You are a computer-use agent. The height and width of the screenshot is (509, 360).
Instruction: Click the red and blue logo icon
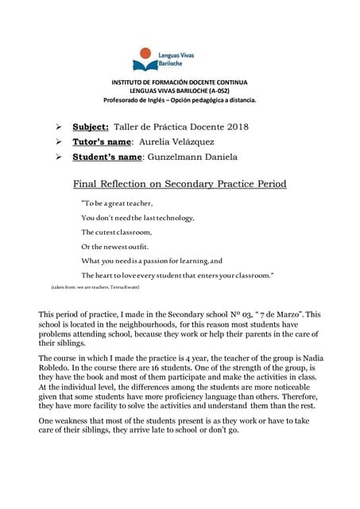pyautogui.click(x=145, y=58)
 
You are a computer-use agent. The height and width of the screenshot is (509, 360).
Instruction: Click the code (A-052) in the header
pyautogui.click(x=229, y=91)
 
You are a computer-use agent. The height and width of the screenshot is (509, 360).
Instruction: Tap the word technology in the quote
pyautogui.click(x=173, y=217)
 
